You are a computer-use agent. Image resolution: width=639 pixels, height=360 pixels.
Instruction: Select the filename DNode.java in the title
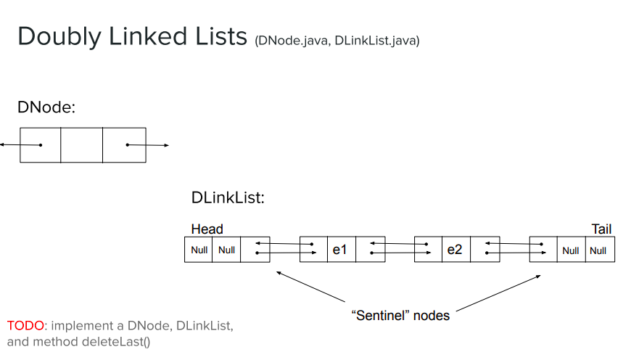(x=293, y=41)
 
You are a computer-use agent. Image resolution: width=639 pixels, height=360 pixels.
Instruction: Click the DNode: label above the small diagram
(x=46, y=107)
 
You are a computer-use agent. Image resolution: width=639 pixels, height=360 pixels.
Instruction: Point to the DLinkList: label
(x=228, y=197)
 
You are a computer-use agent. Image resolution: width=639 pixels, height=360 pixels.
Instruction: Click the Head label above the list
(x=207, y=229)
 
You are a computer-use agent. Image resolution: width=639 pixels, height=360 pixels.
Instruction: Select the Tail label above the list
(x=601, y=229)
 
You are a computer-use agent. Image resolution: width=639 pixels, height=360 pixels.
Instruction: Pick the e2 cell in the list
(x=455, y=250)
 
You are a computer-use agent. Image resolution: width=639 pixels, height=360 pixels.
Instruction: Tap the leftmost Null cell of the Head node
(x=199, y=250)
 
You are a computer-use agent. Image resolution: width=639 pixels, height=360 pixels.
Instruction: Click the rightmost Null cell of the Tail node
(x=598, y=250)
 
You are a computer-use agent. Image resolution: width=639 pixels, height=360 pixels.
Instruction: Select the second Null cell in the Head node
(x=226, y=250)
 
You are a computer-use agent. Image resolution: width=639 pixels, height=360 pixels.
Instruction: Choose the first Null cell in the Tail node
(x=571, y=250)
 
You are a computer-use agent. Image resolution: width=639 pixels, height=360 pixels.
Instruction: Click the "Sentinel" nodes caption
(x=400, y=316)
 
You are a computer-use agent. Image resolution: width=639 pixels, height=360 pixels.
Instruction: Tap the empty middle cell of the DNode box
(x=81, y=145)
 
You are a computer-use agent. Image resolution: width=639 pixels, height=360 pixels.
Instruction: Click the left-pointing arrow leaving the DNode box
(x=11, y=144)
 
